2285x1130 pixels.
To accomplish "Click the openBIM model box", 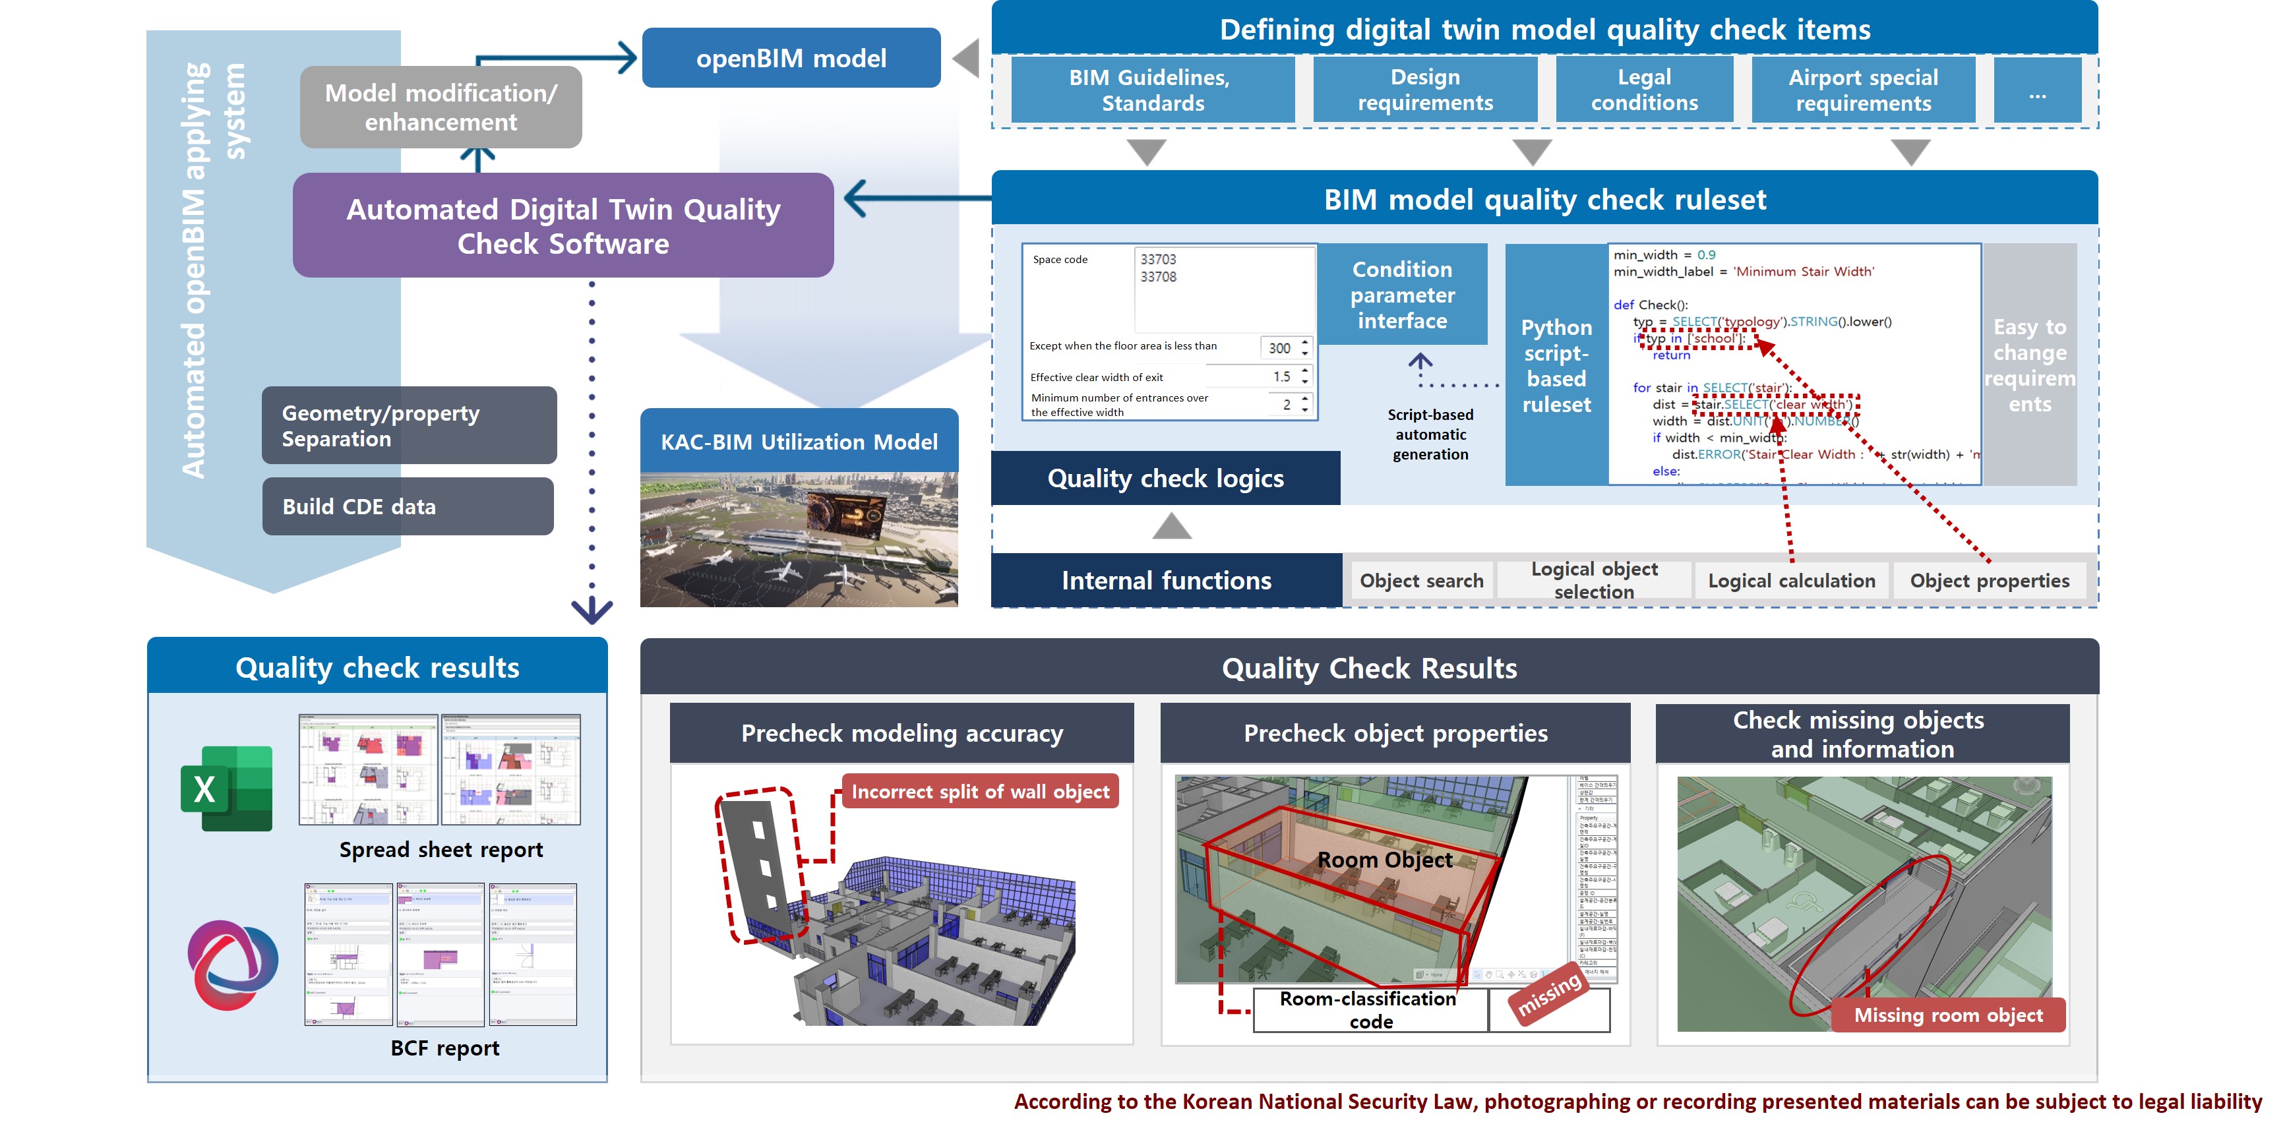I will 790,59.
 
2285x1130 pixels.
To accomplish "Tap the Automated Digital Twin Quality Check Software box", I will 563,225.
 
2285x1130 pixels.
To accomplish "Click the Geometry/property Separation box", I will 409,426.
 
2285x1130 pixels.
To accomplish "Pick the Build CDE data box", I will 407,506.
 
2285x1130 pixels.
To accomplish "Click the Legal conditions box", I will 1643,90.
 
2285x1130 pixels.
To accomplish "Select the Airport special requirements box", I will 1863,90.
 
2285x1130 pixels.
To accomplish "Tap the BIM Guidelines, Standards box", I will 1151,90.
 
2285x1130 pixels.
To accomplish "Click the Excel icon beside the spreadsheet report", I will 227,788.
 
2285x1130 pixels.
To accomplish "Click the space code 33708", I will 1159,277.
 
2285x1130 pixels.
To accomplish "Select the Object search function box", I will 1421,581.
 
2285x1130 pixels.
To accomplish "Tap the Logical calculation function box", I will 1791,581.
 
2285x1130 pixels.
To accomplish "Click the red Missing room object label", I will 1948,1015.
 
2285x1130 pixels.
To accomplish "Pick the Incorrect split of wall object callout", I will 980,791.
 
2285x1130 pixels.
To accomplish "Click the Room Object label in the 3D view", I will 1385,860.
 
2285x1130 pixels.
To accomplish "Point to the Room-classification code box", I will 1370,1010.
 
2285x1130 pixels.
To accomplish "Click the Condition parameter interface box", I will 1401,295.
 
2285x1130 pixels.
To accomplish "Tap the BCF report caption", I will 444,1048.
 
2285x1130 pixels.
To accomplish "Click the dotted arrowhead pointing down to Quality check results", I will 592,610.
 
